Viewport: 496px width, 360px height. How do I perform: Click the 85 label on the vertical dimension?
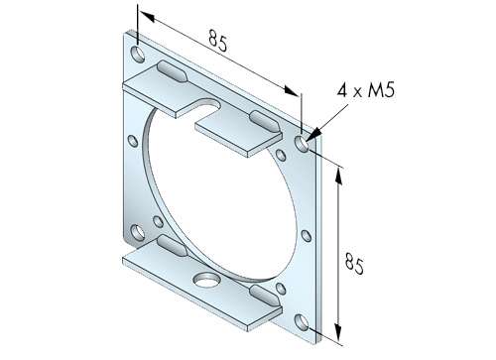[354, 263]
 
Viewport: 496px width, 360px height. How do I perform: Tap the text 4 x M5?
[366, 89]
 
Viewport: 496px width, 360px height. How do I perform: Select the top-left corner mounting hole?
[138, 55]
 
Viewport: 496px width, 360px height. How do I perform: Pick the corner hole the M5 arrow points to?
[302, 144]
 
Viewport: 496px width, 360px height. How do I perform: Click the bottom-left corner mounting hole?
[138, 232]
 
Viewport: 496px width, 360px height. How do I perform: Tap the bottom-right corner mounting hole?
[302, 322]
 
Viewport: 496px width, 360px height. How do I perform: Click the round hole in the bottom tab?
[207, 280]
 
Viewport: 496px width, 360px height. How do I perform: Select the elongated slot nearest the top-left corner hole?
[173, 71]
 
